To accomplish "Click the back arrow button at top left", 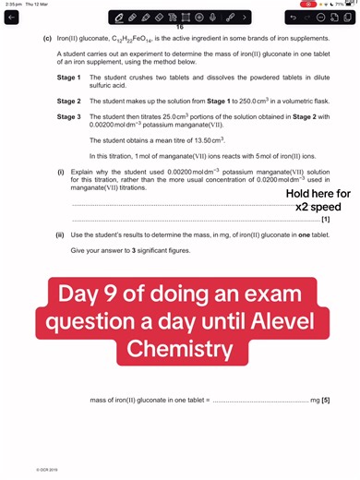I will [x=11, y=18].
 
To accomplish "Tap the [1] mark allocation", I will [x=325, y=220].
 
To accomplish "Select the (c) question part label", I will [x=47, y=40].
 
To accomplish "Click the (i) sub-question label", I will [x=61, y=173].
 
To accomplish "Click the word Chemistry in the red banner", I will [x=181, y=349].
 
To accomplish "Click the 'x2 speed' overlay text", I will [x=318, y=207].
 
